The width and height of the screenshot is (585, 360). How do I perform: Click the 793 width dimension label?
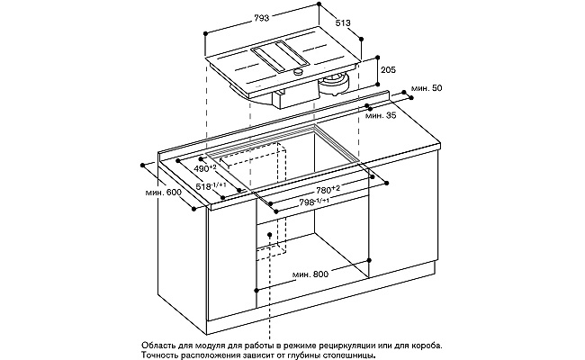click(x=262, y=18)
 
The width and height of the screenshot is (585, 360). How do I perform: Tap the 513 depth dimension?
click(x=343, y=22)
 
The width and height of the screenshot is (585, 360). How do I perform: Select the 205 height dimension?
click(x=389, y=70)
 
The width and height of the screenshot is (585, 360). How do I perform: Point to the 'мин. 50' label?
click(x=427, y=88)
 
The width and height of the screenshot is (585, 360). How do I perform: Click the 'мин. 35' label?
click(x=381, y=115)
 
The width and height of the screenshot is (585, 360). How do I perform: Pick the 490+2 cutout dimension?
click(x=205, y=168)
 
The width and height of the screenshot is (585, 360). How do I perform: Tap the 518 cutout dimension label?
click(x=211, y=186)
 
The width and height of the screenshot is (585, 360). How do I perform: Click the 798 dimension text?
click(x=314, y=202)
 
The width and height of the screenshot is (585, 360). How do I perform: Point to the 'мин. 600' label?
click(x=164, y=193)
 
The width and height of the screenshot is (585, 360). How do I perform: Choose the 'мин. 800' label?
click(x=310, y=274)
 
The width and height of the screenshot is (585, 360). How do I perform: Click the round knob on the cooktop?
click(x=299, y=72)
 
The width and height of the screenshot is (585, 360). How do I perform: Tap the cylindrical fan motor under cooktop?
click(x=334, y=85)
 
